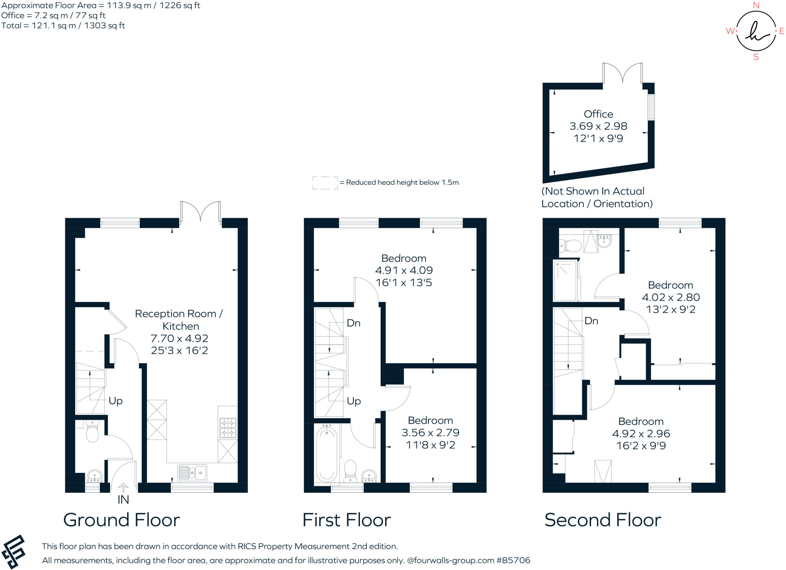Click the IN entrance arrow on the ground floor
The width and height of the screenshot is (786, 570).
pos(123,488)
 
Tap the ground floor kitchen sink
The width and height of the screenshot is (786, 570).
pos(192,472)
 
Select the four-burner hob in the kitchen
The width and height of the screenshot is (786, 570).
pos(228,428)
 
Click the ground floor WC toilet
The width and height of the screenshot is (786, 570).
pos(92,431)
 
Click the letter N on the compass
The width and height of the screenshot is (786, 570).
pos(756,5)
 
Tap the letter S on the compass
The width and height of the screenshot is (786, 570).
pos(756,57)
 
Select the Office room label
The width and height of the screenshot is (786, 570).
pos(598,114)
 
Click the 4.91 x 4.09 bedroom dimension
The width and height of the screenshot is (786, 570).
pos(404,270)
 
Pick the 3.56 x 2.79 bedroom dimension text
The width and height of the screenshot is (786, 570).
pos(430,433)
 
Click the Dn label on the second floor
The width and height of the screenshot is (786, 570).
pos(591,321)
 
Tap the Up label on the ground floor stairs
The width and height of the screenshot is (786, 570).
pos(116,401)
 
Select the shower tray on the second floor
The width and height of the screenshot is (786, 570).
pos(565,280)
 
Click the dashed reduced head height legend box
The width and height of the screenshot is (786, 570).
pos(325,183)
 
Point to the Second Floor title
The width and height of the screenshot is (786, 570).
pos(603,520)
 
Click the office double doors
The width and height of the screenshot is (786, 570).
pos(622,73)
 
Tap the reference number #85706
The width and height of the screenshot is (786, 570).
pos(513,560)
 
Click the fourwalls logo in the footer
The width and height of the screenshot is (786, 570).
pos(14,552)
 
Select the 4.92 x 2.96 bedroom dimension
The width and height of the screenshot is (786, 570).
pos(641,434)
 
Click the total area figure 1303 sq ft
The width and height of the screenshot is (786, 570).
pos(104,26)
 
